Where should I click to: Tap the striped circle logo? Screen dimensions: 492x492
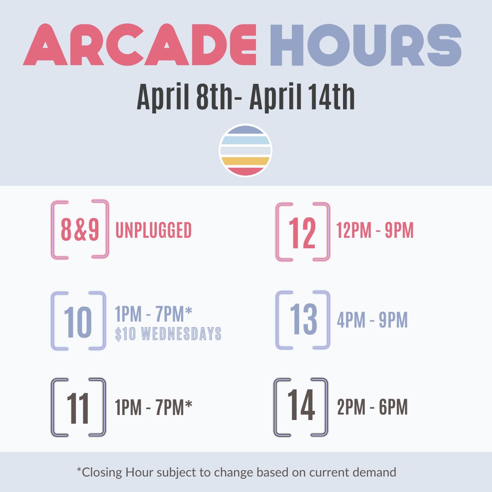click(246, 150)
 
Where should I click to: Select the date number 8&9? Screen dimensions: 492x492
click(80, 231)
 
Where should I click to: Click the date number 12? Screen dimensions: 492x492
click(302, 232)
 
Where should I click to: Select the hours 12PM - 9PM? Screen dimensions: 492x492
click(375, 231)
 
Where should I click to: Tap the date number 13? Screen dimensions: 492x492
click(302, 320)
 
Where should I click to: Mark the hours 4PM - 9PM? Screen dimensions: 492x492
click(372, 320)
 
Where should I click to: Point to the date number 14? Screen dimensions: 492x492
click(301, 406)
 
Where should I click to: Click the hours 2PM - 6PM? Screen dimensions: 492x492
click(372, 407)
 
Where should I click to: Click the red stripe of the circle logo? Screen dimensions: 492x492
click(246, 171)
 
